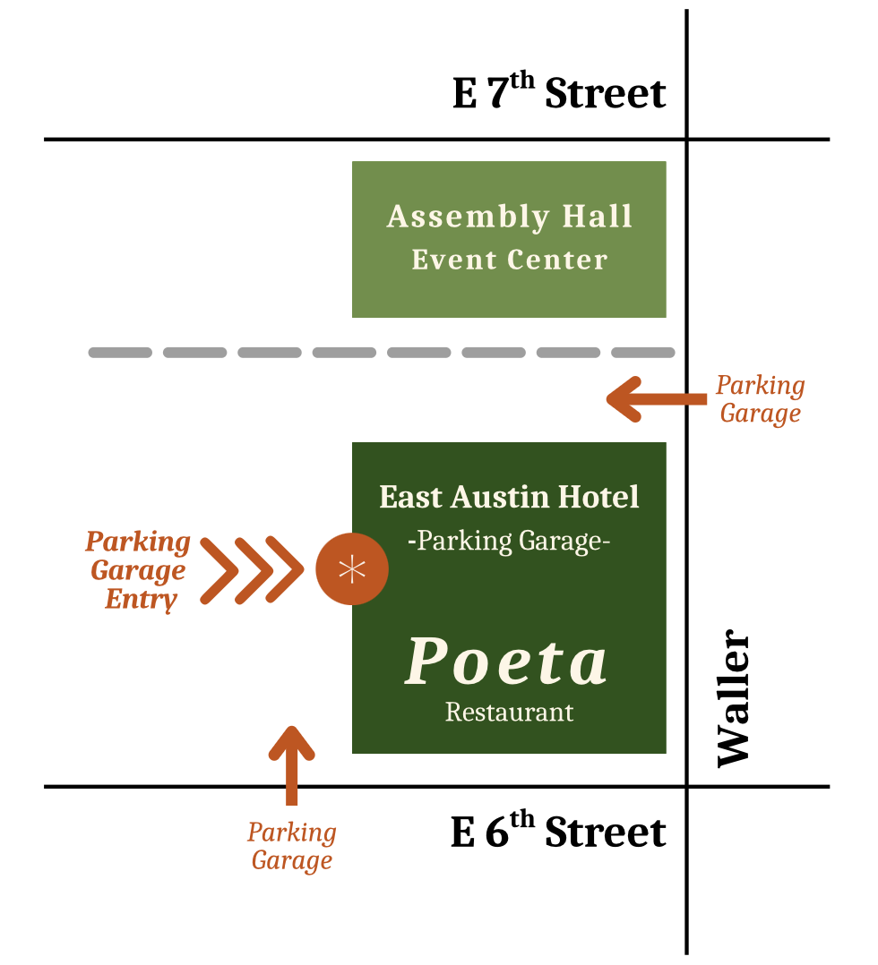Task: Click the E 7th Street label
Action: pyautogui.click(x=559, y=93)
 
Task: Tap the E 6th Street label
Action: pyautogui.click(x=559, y=832)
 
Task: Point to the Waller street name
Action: pyautogui.click(x=734, y=698)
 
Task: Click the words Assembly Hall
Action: pyautogui.click(x=510, y=217)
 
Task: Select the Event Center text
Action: pyautogui.click(x=510, y=260)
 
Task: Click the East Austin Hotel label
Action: pyautogui.click(x=509, y=497)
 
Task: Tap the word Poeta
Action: pyautogui.click(x=507, y=662)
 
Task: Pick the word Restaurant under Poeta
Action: pyautogui.click(x=509, y=713)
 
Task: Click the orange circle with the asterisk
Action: pyautogui.click(x=352, y=568)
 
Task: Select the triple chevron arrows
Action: pyautogui.click(x=252, y=569)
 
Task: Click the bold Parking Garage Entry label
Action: pyautogui.click(x=138, y=570)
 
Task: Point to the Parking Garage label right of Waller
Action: pyautogui.click(x=760, y=399)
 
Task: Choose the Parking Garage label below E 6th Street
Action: pyautogui.click(x=292, y=846)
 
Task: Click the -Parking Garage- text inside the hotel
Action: pyautogui.click(x=509, y=542)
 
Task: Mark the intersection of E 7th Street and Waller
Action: pyautogui.click(x=687, y=140)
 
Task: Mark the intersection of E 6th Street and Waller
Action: pyautogui.click(x=687, y=787)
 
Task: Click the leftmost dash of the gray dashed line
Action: pyautogui.click(x=120, y=353)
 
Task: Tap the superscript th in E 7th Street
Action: pyautogui.click(x=522, y=81)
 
